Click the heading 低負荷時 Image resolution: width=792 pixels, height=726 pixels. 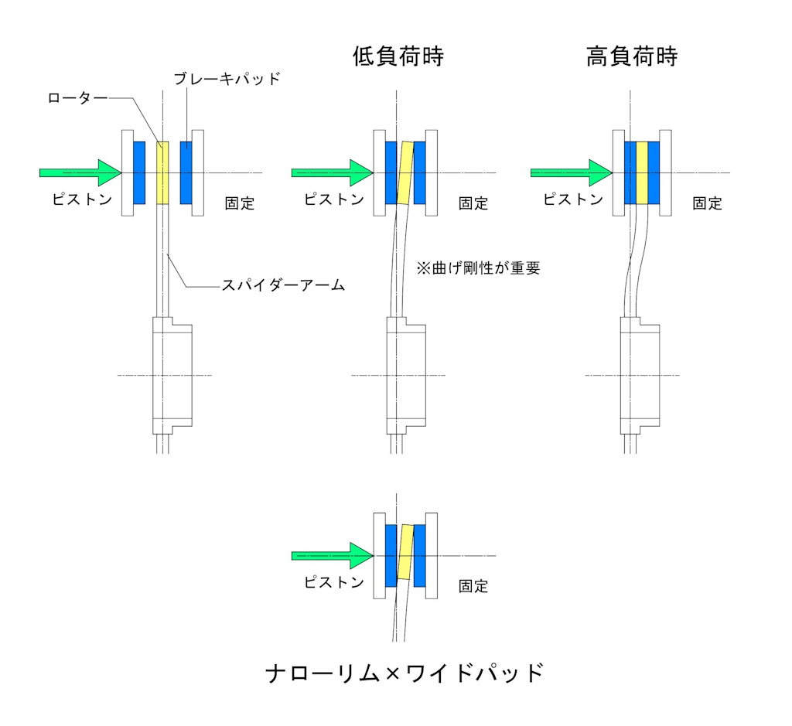pyautogui.click(x=398, y=57)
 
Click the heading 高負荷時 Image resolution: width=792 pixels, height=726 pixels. pyautogui.click(x=631, y=57)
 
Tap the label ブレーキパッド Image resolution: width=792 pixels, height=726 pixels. pyautogui.click(x=226, y=79)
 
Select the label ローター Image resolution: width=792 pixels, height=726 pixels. pyautogui.click(x=76, y=99)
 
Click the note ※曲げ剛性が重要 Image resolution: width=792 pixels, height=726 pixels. pyautogui.click(x=476, y=268)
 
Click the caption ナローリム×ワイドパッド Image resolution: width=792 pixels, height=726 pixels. pyautogui.click(x=405, y=673)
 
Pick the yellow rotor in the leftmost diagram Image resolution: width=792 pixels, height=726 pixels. pyautogui.click(x=162, y=173)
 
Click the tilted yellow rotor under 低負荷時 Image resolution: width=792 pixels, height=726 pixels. pyautogui.click(x=405, y=172)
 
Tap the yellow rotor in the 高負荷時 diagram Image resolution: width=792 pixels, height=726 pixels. pyautogui.click(x=641, y=172)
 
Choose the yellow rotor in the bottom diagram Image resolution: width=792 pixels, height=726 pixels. pyautogui.click(x=405, y=552)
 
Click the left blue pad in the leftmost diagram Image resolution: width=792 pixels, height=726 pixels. pyautogui.click(x=139, y=172)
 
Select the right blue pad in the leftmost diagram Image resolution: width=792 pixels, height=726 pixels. pyautogui.click(x=186, y=172)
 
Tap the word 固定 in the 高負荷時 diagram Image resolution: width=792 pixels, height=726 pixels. pyautogui.click(x=707, y=203)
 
